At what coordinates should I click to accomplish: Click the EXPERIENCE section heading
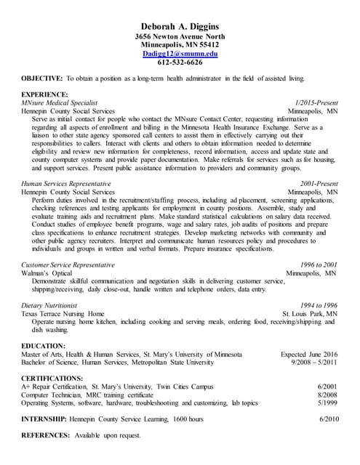point(44,94)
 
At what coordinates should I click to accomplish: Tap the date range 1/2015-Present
point(317,103)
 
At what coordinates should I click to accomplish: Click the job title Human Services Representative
point(66,184)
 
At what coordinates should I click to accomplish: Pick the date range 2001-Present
point(319,184)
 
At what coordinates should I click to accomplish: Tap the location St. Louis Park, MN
point(310,314)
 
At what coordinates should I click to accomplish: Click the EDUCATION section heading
point(43,345)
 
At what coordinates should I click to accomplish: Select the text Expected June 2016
point(309,354)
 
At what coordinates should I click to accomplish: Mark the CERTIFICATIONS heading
point(52,379)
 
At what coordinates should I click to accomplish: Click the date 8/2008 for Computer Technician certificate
point(328,395)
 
